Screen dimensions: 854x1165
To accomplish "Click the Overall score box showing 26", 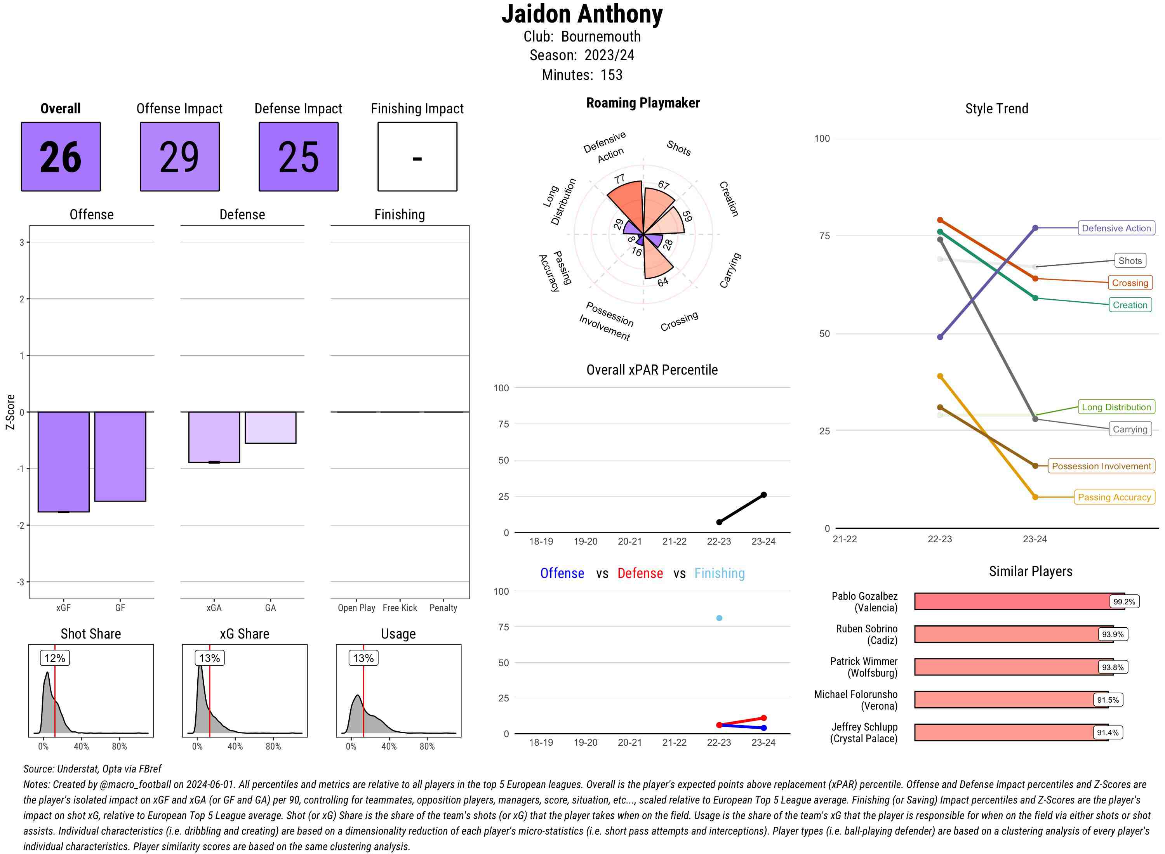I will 61,157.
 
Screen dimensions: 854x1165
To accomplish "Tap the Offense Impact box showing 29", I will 179,157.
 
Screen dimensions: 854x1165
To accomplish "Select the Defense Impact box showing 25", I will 298,157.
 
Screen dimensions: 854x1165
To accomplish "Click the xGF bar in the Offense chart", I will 64,461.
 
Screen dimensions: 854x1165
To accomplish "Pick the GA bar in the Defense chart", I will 270,427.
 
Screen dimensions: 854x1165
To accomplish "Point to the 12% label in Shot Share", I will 55,658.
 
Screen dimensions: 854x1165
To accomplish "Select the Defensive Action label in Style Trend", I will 1116,228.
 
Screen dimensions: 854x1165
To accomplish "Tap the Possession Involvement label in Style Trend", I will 1101,466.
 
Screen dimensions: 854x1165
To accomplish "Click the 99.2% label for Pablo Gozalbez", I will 1124,602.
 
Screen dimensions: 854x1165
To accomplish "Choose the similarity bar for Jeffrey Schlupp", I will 1011,732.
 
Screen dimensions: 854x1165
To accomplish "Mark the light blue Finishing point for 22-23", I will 719,618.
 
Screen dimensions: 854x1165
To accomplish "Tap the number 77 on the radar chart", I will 619,179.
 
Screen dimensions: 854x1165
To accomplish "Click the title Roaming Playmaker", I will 643,103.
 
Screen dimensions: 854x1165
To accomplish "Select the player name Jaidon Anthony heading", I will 582,14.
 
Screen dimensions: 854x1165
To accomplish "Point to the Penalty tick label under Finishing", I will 443,608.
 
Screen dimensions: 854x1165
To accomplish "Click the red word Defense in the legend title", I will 640,573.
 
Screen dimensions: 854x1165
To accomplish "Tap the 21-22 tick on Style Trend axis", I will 844,539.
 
